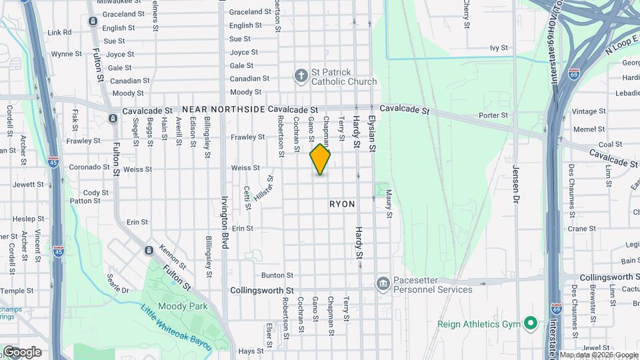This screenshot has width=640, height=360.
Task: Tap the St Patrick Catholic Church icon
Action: pyautogui.click(x=301, y=75)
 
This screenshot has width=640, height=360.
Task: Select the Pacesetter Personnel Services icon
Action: pyautogui.click(x=383, y=284)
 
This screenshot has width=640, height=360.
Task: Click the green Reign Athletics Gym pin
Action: pyautogui.click(x=530, y=324)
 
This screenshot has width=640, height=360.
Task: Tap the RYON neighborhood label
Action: pyautogui.click(x=342, y=204)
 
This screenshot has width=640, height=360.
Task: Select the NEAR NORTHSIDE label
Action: pyautogui.click(x=223, y=109)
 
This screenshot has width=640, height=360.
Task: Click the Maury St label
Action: pyautogui.click(x=389, y=204)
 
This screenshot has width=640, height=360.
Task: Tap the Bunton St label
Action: pyautogui.click(x=277, y=275)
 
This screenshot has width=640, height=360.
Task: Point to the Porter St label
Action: pyautogui.click(x=493, y=115)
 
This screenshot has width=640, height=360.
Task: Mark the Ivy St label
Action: pyautogui.click(x=499, y=48)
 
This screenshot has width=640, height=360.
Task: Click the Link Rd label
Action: pyautogui.click(x=59, y=32)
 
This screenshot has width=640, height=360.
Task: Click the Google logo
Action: pyautogui.click(x=22, y=352)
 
